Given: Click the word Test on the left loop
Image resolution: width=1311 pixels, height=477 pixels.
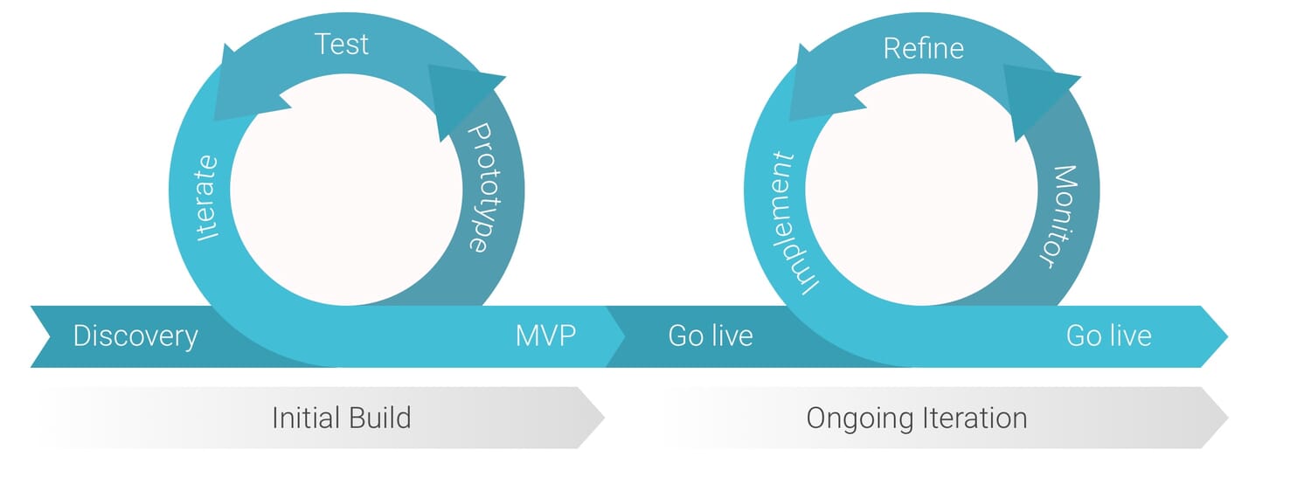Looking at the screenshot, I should (x=341, y=44).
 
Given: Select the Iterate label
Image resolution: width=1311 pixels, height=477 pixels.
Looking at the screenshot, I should (x=207, y=197).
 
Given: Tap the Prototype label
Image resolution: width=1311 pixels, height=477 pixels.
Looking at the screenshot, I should (x=478, y=187).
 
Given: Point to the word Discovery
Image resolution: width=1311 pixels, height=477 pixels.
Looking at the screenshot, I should (x=135, y=335).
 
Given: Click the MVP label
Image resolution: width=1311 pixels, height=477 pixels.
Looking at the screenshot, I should (x=545, y=335).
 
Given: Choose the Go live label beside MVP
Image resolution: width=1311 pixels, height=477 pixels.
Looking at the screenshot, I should (x=710, y=335).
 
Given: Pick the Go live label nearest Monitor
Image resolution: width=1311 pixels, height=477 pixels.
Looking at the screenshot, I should (x=1108, y=335).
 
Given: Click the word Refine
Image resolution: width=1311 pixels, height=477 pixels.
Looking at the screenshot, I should (x=923, y=48).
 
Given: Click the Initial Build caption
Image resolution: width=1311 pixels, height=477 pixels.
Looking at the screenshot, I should (x=341, y=418).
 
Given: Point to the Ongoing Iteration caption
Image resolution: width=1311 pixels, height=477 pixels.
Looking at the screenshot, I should (x=916, y=418).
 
